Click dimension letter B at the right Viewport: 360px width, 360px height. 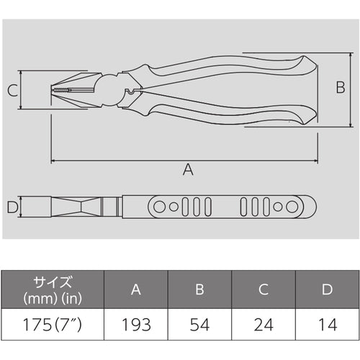(341, 89)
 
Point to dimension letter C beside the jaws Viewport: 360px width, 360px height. (12, 91)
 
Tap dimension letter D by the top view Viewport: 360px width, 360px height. (12, 208)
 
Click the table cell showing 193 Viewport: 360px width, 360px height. (136, 325)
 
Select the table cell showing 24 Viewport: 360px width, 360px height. (264, 325)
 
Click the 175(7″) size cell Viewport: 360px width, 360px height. (52, 325)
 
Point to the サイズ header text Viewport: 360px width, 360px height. (51, 282)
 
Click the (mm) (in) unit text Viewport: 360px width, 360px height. (51, 297)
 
